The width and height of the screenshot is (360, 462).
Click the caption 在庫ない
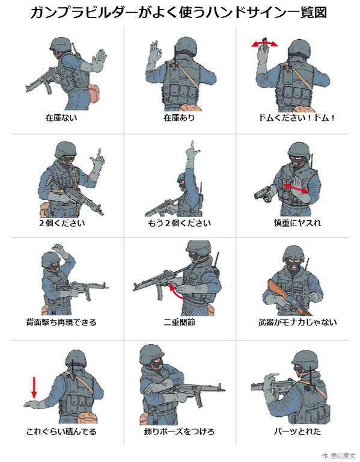(x=61, y=117)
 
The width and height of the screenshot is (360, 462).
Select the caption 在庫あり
(x=179, y=117)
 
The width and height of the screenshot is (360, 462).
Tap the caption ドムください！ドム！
(x=297, y=118)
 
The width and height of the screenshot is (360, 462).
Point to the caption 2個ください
(x=62, y=223)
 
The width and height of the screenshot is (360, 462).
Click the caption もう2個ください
(x=179, y=223)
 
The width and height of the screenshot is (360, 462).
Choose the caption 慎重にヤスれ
(x=297, y=223)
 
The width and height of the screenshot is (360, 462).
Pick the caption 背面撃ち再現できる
(x=61, y=322)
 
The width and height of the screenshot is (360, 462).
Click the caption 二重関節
(x=179, y=322)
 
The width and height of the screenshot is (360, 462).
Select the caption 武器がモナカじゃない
(x=297, y=322)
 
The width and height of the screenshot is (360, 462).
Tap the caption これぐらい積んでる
(x=61, y=432)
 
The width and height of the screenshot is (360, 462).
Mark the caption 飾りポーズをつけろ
(x=179, y=432)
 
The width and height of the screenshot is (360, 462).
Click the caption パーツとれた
(x=297, y=432)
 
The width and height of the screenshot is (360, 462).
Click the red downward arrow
(x=34, y=387)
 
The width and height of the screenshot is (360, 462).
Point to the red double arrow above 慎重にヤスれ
(x=296, y=188)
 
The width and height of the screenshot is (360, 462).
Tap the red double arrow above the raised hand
(x=264, y=44)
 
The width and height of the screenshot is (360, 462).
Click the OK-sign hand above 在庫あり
(x=154, y=56)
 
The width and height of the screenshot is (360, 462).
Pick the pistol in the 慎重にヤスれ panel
(x=263, y=194)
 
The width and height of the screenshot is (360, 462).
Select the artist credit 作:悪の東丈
(x=338, y=456)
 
